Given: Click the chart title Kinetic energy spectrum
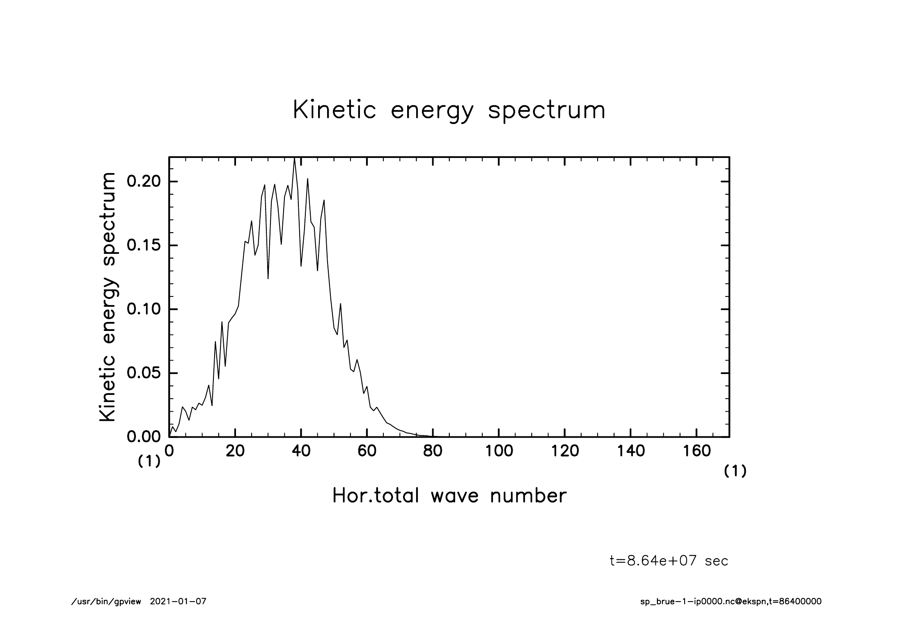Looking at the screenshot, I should pyautogui.click(x=449, y=110).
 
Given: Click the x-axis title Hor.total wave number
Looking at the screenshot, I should pyautogui.click(x=449, y=496).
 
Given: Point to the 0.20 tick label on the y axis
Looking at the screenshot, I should pyautogui.click(x=143, y=181).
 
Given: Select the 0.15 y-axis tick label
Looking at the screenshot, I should pyautogui.click(x=143, y=245).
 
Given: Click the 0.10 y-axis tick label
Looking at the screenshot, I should pyautogui.click(x=143, y=309).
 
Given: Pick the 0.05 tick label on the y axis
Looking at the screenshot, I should pyautogui.click(x=143, y=373).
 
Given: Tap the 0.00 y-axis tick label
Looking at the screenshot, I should pyautogui.click(x=143, y=437).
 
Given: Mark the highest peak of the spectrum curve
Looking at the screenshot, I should pyautogui.click(x=294, y=159).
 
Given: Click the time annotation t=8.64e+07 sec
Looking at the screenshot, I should pyautogui.click(x=669, y=561).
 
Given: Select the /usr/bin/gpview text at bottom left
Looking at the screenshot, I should pyautogui.click(x=106, y=602).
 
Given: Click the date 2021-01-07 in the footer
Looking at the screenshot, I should pyautogui.click(x=178, y=602).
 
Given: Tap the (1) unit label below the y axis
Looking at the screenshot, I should pyautogui.click(x=149, y=462).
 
